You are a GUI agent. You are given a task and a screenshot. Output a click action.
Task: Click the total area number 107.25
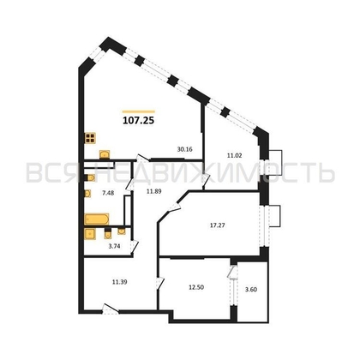point(138,121)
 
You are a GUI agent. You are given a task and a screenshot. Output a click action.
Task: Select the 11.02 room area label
point(234,155)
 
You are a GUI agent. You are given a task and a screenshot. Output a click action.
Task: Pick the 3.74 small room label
point(101,246)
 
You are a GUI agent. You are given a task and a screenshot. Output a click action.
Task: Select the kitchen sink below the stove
point(103,154)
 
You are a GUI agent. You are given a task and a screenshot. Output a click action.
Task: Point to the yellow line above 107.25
point(138,111)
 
